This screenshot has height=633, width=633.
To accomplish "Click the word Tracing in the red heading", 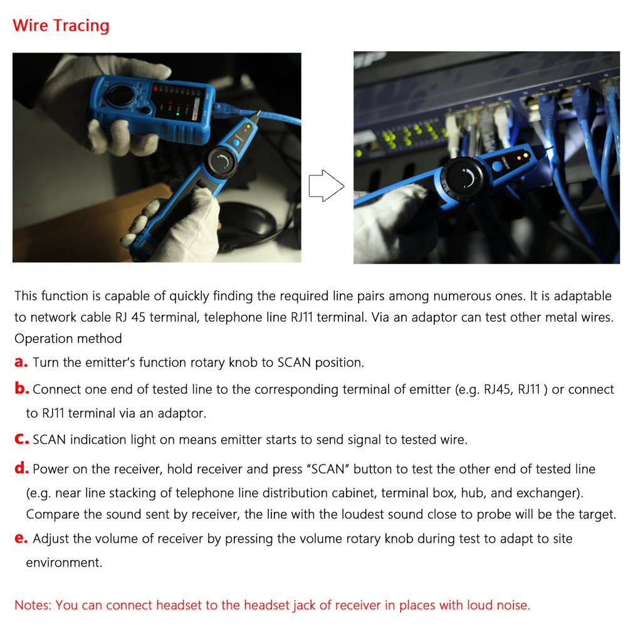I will pos(81,26).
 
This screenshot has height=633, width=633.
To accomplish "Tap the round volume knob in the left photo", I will pos(222,162).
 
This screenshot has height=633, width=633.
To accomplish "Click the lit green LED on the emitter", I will pos(178,113).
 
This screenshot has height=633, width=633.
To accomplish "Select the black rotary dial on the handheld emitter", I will pos(118,97).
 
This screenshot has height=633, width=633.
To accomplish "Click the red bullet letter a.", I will pos(21,362).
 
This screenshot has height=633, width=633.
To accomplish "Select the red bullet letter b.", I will pos(21,389).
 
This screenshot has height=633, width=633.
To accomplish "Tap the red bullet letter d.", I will pos(21,469).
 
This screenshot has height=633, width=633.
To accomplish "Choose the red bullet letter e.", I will pos(21,538).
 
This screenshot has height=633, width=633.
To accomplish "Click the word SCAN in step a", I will pos(295,362).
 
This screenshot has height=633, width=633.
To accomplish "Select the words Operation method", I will pos(68,338).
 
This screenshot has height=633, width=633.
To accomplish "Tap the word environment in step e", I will pos(63,562).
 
